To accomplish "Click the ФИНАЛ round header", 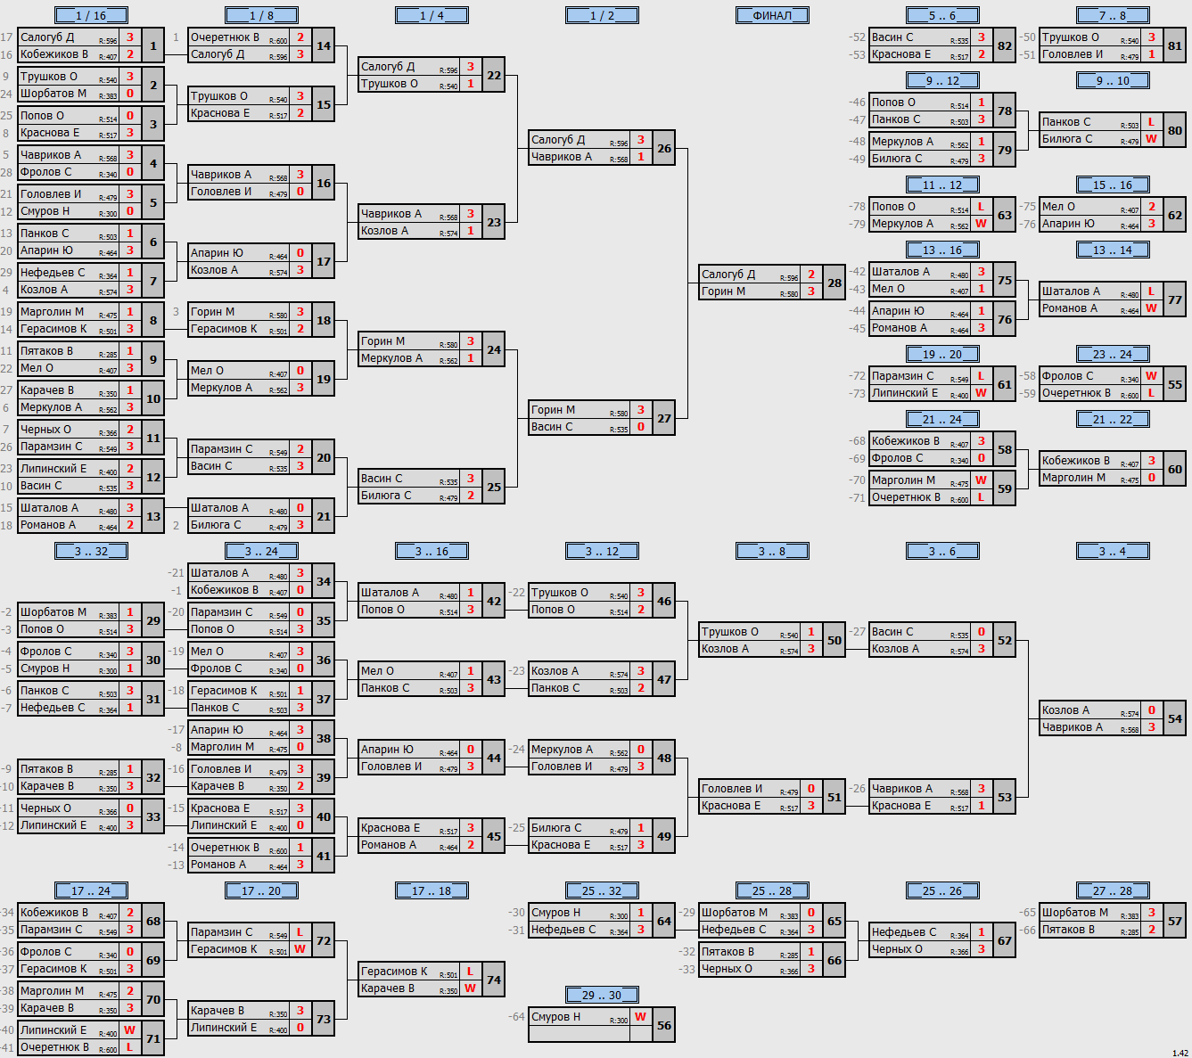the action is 772,15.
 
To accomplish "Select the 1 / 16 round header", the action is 91,15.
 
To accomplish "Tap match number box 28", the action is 834,283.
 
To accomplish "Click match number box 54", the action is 1175,718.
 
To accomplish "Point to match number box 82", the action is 1004,45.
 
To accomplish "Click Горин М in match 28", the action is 723,291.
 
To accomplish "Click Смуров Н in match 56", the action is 555,1016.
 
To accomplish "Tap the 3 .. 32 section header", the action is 91,551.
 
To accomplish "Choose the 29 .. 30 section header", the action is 602,995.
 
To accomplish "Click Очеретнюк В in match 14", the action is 225,37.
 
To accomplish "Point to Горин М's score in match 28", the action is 811,291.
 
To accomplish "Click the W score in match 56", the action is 641,1016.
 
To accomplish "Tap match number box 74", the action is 494,980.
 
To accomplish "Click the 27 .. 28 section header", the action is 1113,890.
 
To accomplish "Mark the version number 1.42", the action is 1180,1053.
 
